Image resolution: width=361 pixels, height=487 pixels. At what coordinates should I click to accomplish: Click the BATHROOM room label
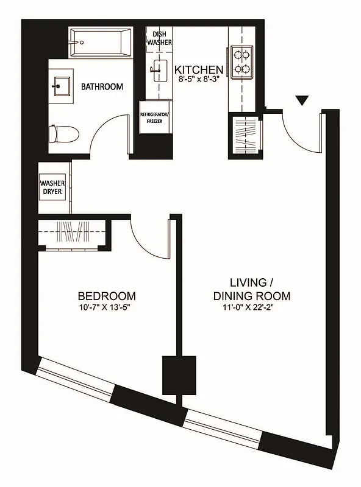pos(102,87)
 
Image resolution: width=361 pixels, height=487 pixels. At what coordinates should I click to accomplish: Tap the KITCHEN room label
pos(199,69)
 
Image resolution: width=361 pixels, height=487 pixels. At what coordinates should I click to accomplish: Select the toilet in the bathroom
pos(63,133)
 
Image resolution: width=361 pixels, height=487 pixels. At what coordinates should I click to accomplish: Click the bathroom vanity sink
pos(60,85)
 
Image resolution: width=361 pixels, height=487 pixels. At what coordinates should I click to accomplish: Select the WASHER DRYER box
pos(53,187)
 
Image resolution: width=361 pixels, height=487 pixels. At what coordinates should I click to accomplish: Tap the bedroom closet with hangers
pos(74,234)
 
